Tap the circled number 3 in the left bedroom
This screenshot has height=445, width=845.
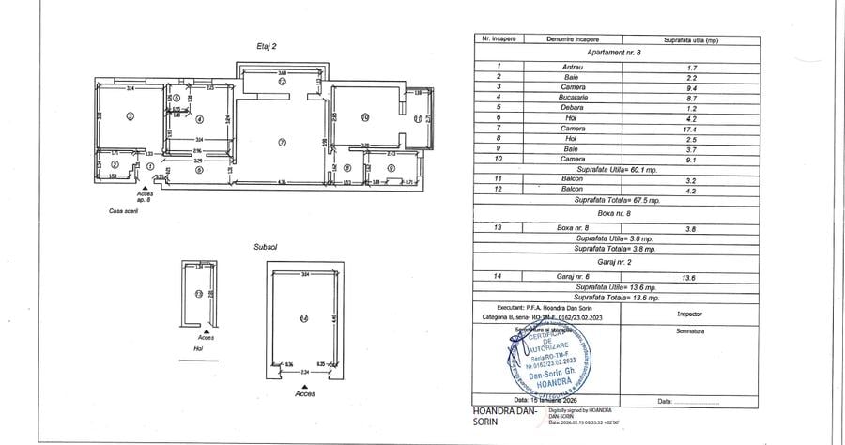tap(131, 116)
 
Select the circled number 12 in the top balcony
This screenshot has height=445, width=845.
tap(281, 82)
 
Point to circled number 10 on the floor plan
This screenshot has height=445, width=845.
tap(364, 117)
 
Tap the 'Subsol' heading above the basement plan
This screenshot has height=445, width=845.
tap(265, 247)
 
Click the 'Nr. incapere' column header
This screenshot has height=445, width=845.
tap(499, 41)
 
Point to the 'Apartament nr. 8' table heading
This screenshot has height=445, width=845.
tap(611, 54)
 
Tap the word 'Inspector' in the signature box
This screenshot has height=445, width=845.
tap(688, 315)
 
